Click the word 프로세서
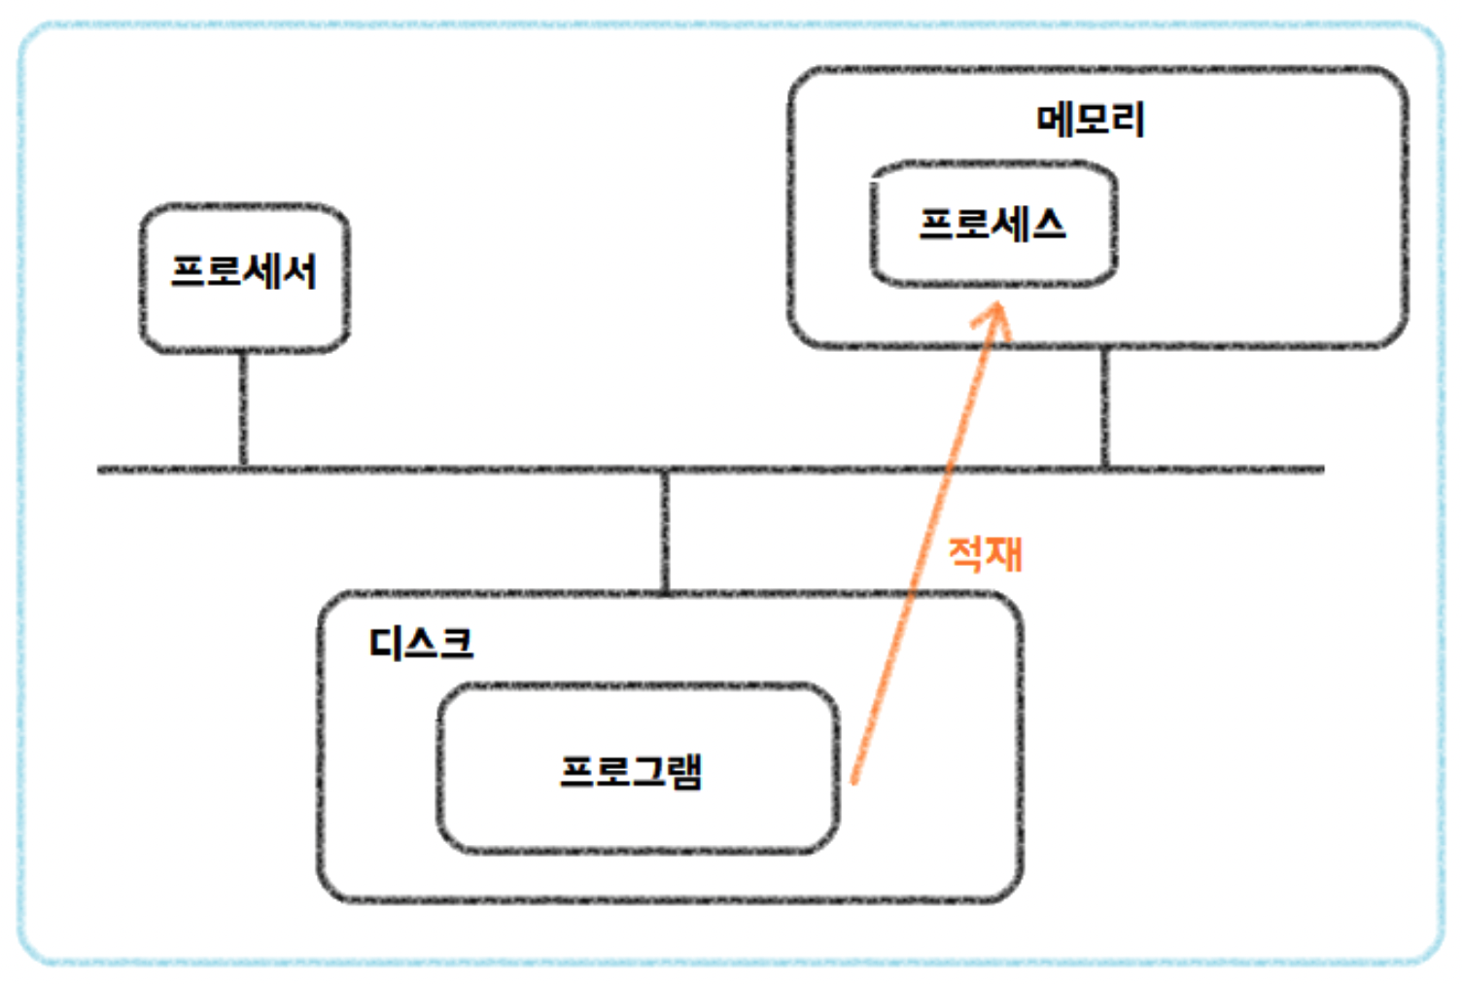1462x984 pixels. [244, 271]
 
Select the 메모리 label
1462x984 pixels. [1091, 120]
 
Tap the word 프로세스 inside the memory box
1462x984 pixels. [992, 224]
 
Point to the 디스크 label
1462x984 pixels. [421, 643]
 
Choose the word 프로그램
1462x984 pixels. [631, 771]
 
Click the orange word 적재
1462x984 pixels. [985, 553]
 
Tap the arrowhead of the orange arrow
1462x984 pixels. [995, 317]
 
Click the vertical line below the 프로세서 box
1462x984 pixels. [243, 408]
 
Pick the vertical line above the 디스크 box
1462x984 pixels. [665, 530]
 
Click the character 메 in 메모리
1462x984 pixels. [1055, 120]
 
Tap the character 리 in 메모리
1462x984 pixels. [1128, 120]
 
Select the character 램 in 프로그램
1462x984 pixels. [684, 771]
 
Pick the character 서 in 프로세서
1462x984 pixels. [298, 271]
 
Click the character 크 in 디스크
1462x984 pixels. [456, 643]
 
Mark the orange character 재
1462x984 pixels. [1004, 553]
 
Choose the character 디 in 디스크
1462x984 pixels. [386, 643]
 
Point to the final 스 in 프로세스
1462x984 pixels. [1048, 224]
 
